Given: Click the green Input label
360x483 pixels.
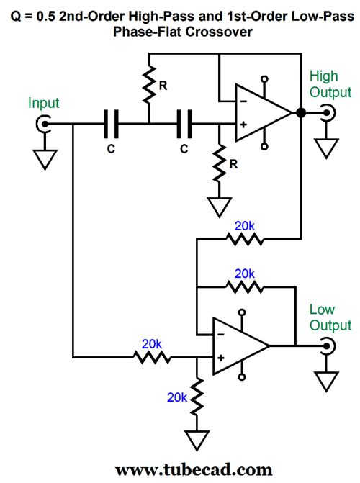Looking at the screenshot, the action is click(x=43, y=103).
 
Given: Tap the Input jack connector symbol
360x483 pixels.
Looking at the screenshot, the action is click(x=43, y=124).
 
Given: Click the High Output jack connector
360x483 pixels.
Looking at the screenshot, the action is click(x=328, y=113).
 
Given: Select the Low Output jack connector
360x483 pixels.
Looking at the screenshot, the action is click(x=328, y=346).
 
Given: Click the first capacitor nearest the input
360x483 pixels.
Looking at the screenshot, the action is click(x=111, y=124).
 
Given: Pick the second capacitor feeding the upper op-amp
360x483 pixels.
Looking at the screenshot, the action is click(x=184, y=124).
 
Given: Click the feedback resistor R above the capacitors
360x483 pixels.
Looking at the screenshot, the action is click(x=149, y=84).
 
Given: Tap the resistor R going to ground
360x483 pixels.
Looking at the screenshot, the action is click(x=219, y=163).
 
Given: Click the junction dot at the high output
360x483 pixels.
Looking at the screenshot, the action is click(x=301, y=113).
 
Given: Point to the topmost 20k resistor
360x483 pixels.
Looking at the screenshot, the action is click(x=245, y=239).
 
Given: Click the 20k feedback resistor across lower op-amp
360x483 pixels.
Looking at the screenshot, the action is click(x=245, y=287).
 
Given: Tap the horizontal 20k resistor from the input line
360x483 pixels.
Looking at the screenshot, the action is click(x=152, y=357).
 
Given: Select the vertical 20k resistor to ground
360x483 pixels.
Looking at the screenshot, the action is click(x=197, y=396).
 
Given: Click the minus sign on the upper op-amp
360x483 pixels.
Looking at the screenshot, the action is click(x=243, y=101).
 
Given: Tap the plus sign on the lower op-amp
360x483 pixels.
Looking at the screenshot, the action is click(x=221, y=358).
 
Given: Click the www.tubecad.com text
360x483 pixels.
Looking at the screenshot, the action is click(x=194, y=470).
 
